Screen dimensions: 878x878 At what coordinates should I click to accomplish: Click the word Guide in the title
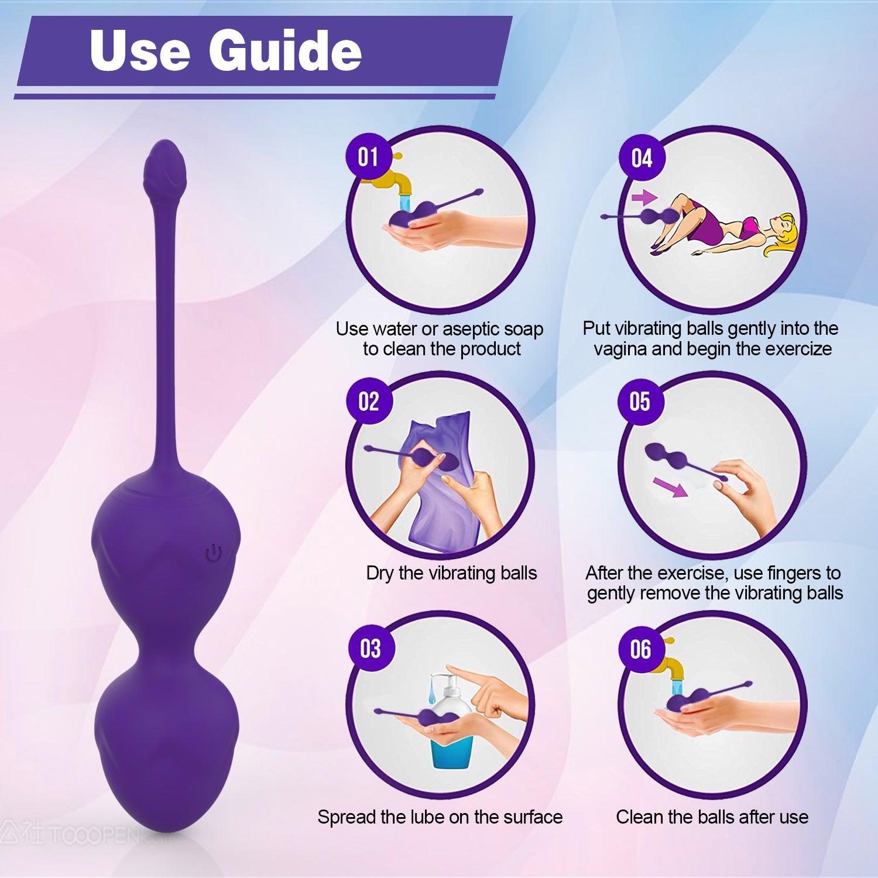tap(285, 51)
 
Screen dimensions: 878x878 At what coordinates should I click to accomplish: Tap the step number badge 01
tap(368, 157)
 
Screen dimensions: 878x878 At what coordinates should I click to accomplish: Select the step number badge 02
tap(369, 402)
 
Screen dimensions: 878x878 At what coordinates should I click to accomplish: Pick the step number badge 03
tap(371, 649)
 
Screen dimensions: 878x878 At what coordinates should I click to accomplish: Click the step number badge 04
tap(642, 158)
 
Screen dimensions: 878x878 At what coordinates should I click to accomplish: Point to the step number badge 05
tap(640, 402)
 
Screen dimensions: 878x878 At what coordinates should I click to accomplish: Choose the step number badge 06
tap(641, 649)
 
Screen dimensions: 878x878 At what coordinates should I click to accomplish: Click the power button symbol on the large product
tap(214, 553)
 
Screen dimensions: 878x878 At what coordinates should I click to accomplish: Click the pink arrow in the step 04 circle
tap(644, 197)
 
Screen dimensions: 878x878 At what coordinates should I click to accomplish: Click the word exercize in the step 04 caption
tap(798, 349)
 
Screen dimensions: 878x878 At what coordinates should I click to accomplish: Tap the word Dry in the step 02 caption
tap(380, 574)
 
